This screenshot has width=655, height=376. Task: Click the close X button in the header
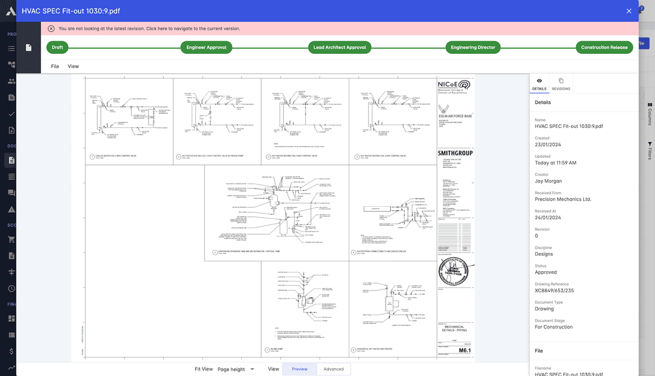pyautogui.click(x=629, y=11)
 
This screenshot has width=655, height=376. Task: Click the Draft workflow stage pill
pyautogui.click(x=58, y=47)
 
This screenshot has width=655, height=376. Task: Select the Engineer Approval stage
pyautogui.click(x=206, y=47)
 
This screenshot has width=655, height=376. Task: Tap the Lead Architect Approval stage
pyautogui.click(x=340, y=47)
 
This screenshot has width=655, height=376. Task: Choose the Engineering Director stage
pyautogui.click(x=473, y=47)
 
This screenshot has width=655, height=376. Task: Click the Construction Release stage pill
pyautogui.click(x=604, y=47)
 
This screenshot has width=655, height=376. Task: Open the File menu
pyautogui.click(x=55, y=66)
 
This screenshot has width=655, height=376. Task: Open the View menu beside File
pyautogui.click(x=73, y=66)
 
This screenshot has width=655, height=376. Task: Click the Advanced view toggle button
pyautogui.click(x=334, y=369)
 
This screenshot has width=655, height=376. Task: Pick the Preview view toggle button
pyautogui.click(x=300, y=369)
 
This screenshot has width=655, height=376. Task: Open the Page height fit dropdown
pyautogui.click(x=236, y=369)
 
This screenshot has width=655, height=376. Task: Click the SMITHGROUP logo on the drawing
pyautogui.click(x=455, y=153)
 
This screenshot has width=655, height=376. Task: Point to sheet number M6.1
pyautogui.click(x=465, y=351)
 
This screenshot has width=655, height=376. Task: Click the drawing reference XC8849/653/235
pyautogui.click(x=554, y=290)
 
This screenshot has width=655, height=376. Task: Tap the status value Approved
pyautogui.click(x=546, y=272)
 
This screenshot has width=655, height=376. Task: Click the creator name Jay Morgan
pyautogui.click(x=548, y=181)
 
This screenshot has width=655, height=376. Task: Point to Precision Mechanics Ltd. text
pyautogui.click(x=563, y=199)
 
